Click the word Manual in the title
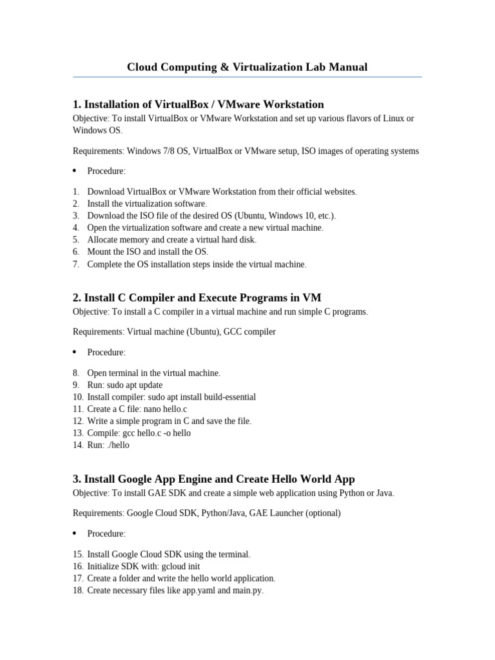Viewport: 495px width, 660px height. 349,67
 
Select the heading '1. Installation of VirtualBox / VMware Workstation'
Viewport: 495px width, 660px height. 199,104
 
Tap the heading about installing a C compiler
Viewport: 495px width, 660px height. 197,297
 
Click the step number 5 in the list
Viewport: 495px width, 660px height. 76,240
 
